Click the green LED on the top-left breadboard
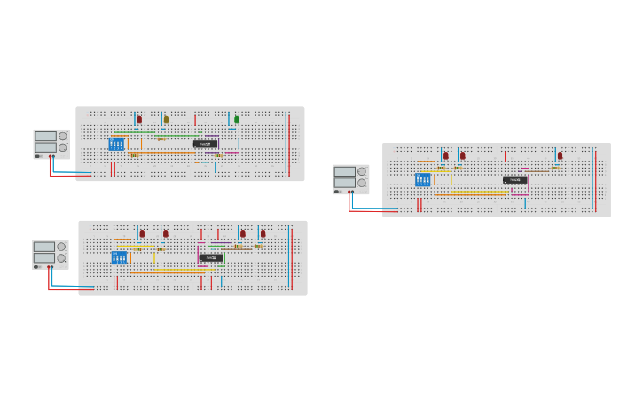tap(237, 120)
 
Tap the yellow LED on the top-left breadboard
tap(166, 120)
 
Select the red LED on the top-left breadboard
tap(139, 120)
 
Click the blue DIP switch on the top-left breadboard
tap(116, 144)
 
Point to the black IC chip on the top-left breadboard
tap(205, 143)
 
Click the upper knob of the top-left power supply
tap(62, 137)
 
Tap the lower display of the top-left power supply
tap(45, 147)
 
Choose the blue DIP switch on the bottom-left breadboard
tap(119, 258)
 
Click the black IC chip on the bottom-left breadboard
tap(211, 258)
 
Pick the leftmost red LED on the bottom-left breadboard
tap(142, 234)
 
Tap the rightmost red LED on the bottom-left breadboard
tap(263, 234)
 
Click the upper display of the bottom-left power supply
tap(44, 247)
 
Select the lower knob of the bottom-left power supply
tap(61, 258)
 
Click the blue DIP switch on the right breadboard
tap(422, 180)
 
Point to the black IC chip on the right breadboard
tap(515, 180)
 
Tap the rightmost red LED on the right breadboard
tap(560, 156)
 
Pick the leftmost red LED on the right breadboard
tap(445, 156)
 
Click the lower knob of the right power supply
tap(361, 183)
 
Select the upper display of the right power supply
tap(344, 171)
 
